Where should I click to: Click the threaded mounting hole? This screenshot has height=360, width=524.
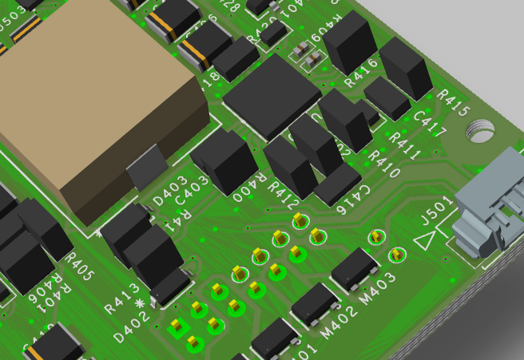(479, 129)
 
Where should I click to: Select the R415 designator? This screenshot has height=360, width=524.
(453, 102)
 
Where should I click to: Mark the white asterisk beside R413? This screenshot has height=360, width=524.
(142, 303)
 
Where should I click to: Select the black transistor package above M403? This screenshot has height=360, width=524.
(355, 269)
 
